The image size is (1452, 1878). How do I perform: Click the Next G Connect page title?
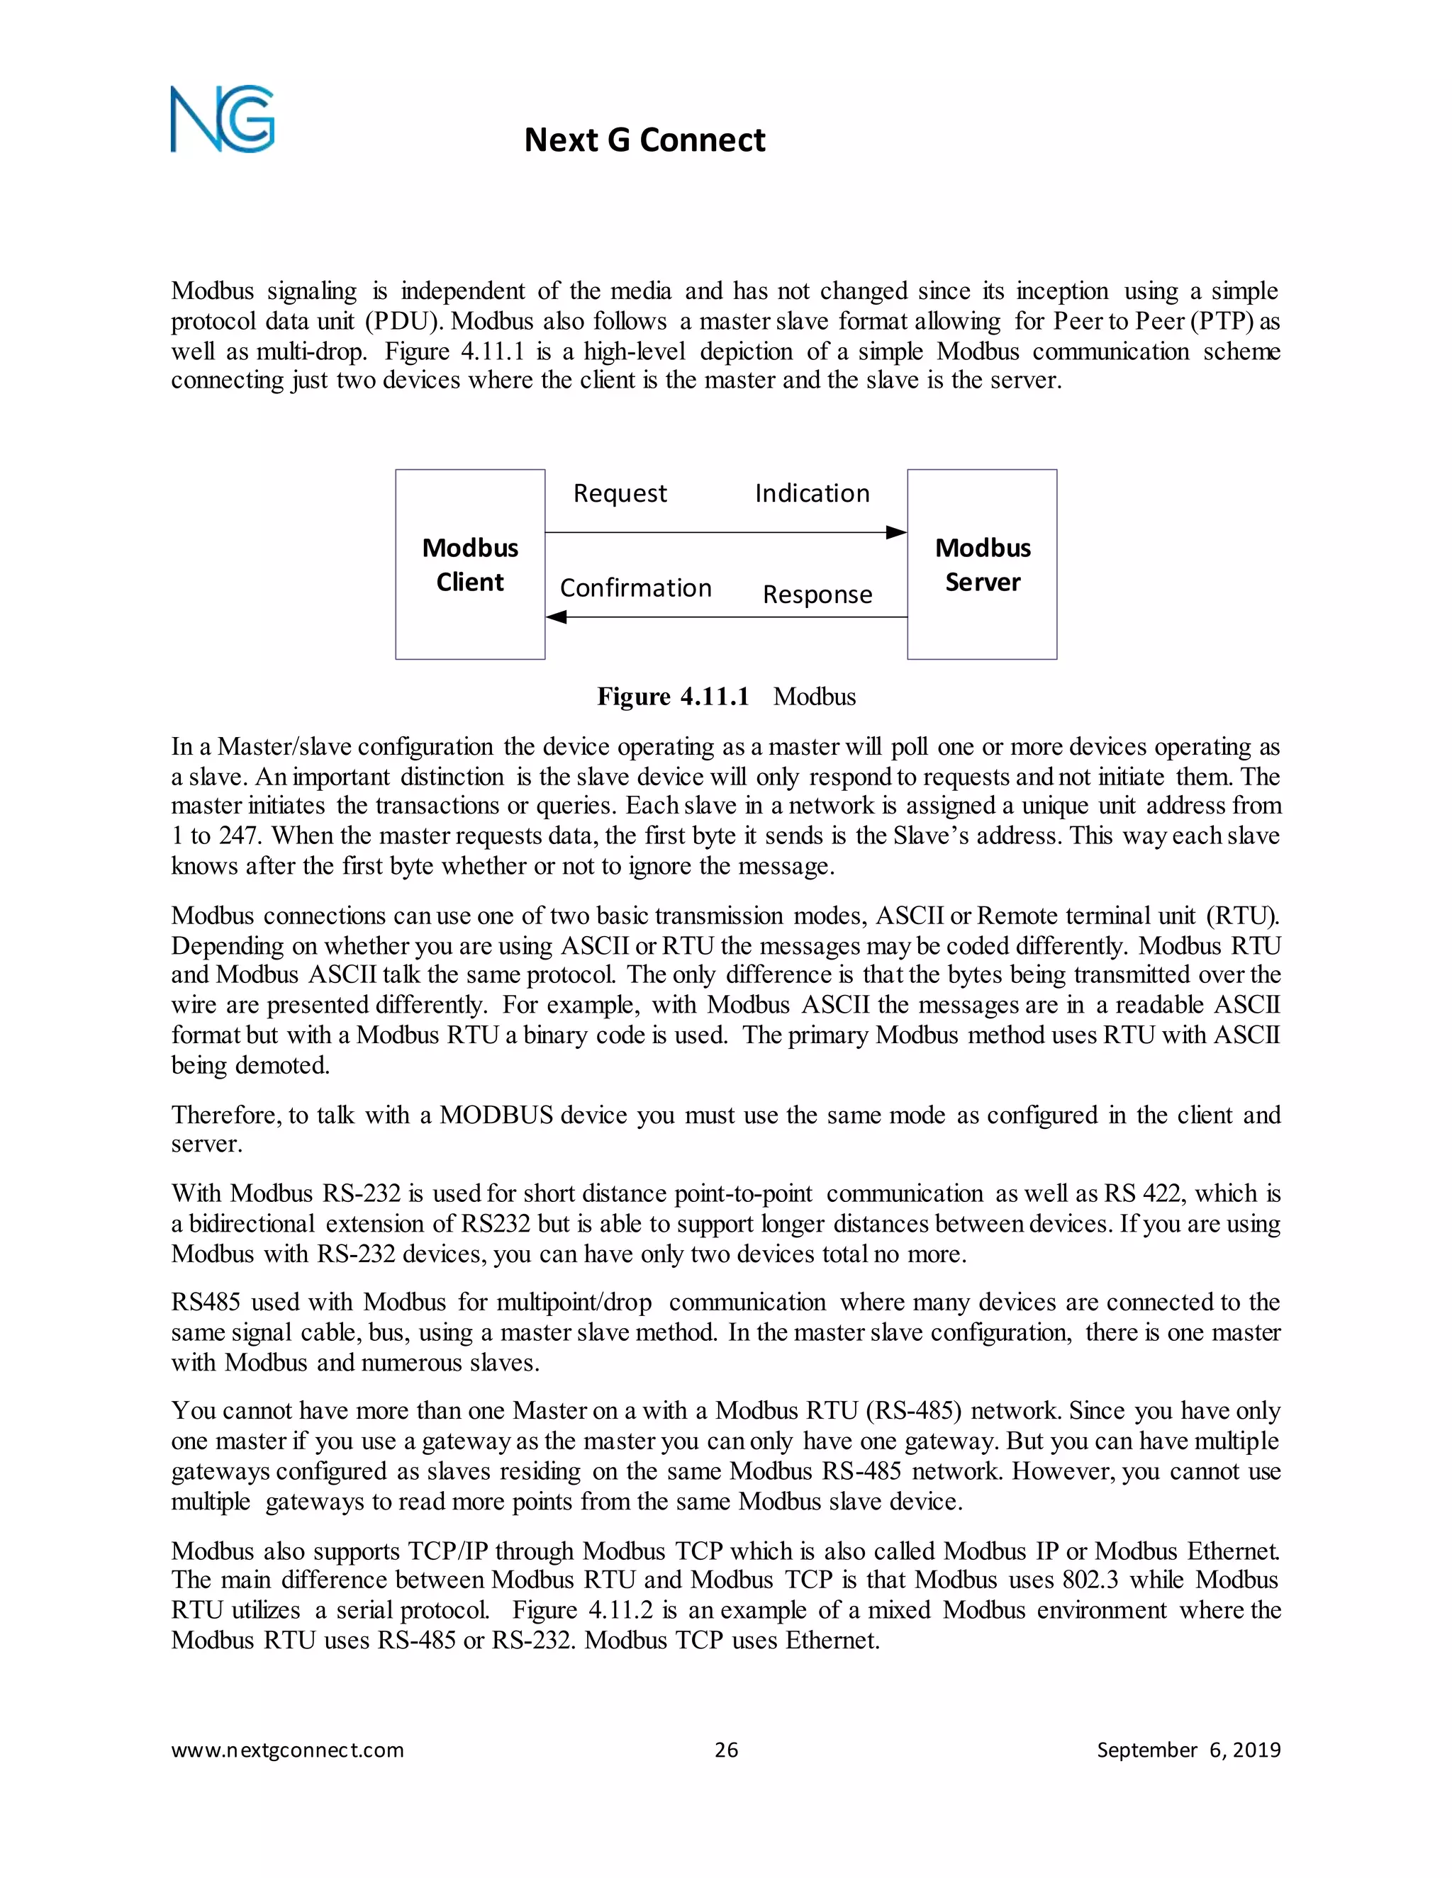coord(644,140)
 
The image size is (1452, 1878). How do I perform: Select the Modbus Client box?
coord(469,564)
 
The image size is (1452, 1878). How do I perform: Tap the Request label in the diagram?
coord(620,493)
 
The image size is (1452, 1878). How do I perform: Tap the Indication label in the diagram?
coord(812,493)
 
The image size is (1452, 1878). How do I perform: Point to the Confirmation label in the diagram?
coord(636,588)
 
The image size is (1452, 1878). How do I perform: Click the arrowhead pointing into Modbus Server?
coord(896,532)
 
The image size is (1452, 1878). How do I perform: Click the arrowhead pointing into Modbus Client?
coord(557,617)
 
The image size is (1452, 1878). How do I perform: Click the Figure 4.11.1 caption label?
coord(673,697)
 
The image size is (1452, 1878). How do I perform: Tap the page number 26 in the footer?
coord(726,1750)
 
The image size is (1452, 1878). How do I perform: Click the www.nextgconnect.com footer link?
coord(287,1750)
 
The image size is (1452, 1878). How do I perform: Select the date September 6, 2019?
coord(1188,1750)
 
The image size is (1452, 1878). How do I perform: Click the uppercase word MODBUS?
coord(496,1115)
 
